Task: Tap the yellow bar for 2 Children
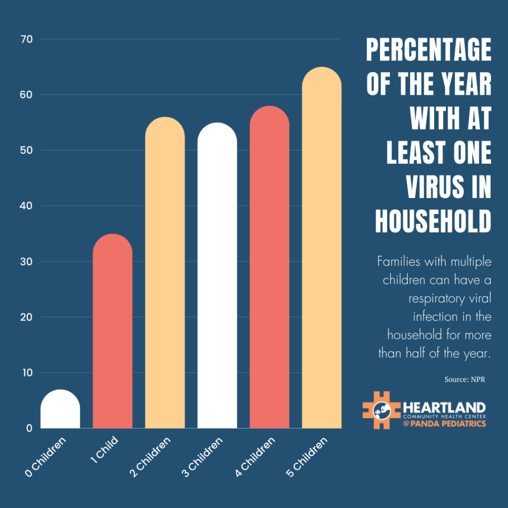click(165, 273)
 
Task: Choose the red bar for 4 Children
click(269, 267)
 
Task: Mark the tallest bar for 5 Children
click(321, 248)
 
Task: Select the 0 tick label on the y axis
click(29, 428)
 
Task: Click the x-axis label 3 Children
click(203, 457)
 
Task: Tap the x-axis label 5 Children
click(308, 457)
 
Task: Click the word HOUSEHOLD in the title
click(433, 221)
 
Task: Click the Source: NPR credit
click(465, 380)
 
